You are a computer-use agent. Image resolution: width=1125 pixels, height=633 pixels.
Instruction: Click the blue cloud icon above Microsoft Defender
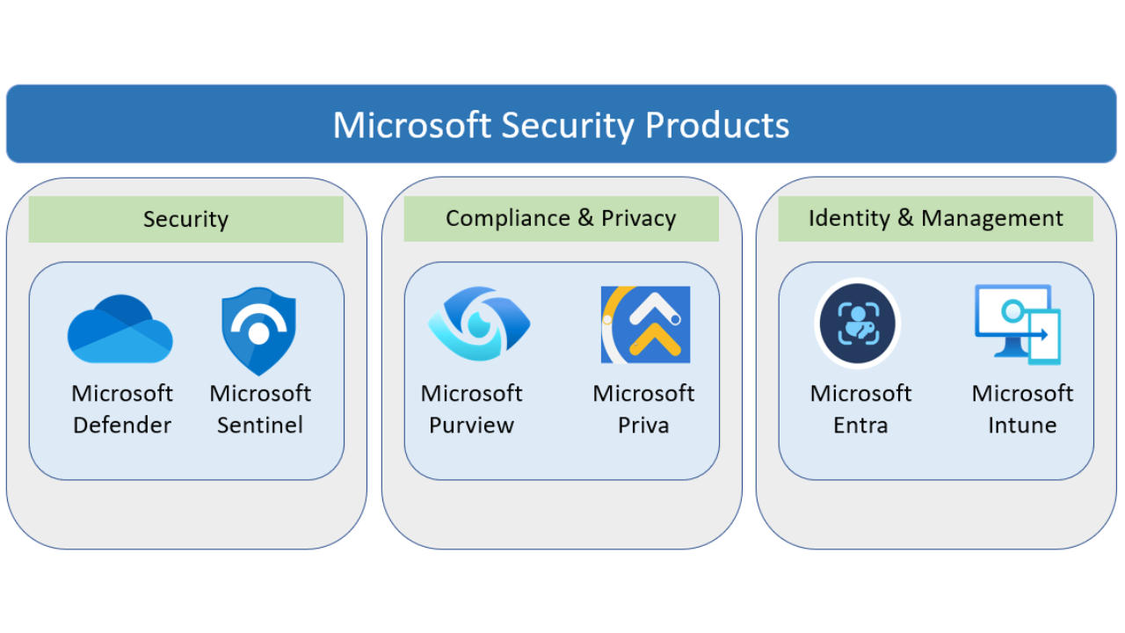(120, 330)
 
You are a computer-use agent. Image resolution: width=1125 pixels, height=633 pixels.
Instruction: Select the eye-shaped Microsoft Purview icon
(478, 324)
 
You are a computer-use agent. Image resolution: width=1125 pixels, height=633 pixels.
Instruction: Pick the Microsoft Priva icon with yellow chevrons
(645, 324)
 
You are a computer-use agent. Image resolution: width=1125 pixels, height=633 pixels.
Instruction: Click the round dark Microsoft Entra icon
(858, 323)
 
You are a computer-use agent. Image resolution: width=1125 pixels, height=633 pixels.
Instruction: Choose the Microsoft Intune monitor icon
(1018, 324)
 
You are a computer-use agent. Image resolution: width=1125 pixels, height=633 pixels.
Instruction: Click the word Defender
(122, 426)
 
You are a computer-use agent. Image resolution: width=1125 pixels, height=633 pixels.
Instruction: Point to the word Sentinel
(260, 426)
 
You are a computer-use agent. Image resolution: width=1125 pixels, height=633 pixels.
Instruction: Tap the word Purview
(471, 426)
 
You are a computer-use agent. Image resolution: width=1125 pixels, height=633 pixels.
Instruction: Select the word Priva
(643, 426)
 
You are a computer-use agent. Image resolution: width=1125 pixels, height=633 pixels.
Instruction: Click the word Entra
(860, 426)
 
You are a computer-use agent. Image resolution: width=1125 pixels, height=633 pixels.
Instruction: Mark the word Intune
(1022, 426)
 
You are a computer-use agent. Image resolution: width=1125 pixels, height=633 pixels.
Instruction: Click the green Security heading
(185, 219)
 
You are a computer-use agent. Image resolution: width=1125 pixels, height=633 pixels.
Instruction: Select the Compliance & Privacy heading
(561, 218)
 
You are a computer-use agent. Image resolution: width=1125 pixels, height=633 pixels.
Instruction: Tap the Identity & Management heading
(935, 218)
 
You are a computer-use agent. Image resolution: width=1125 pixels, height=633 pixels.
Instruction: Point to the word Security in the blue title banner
(567, 125)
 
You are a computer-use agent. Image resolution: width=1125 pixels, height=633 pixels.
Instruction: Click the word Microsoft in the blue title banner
(411, 125)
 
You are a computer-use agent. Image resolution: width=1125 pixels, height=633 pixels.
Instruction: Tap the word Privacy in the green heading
(639, 218)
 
